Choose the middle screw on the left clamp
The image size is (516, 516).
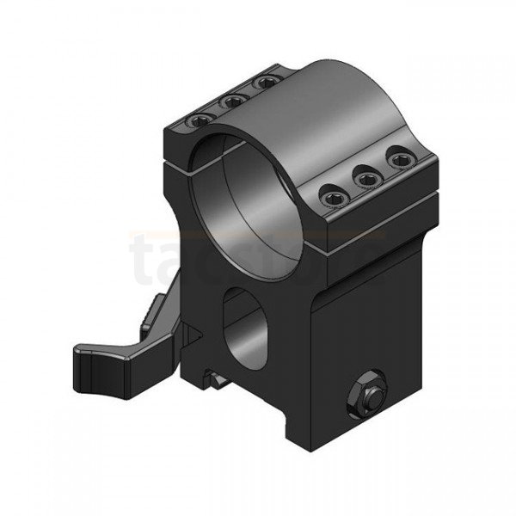[232, 101]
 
